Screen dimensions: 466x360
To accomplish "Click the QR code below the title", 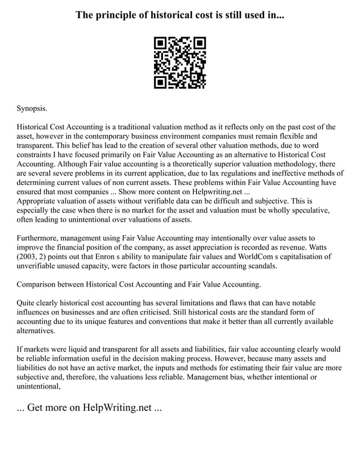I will (x=180, y=63).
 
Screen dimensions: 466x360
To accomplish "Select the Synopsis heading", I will (x=32, y=107).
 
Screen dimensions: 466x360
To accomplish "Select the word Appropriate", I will (x=38, y=200).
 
